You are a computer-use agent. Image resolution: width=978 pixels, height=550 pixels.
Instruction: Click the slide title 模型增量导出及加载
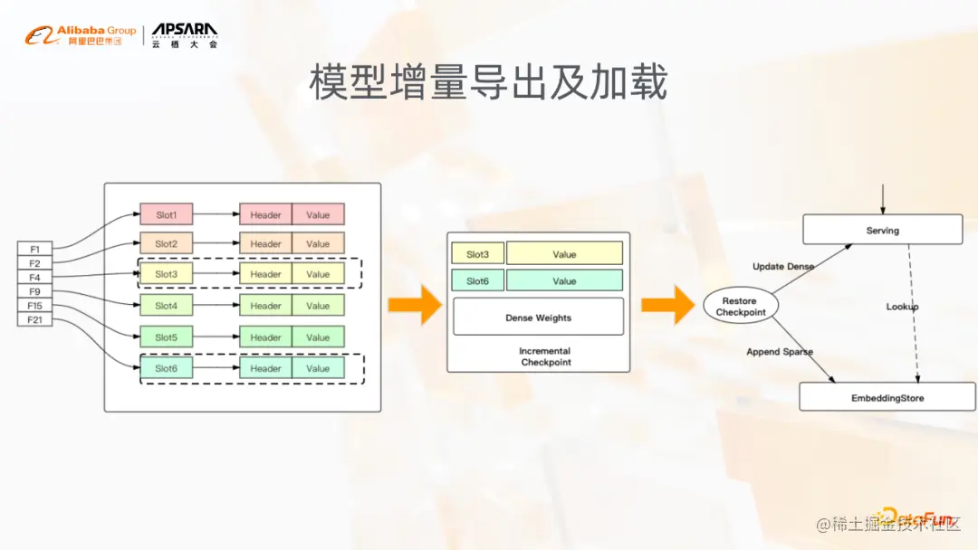click(488, 83)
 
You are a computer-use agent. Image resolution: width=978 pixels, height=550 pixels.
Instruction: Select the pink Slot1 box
click(166, 215)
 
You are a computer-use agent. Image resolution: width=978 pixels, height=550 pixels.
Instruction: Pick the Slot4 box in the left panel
click(166, 306)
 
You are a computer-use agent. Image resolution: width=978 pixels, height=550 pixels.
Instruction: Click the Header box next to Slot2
click(265, 244)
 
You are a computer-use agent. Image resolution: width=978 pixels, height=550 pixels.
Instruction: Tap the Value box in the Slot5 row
click(318, 337)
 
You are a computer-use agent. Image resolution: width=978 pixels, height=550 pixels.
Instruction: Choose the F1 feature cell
click(34, 249)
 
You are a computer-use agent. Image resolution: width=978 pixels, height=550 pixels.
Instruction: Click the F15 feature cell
click(34, 306)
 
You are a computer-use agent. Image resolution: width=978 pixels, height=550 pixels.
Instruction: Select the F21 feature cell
click(34, 320)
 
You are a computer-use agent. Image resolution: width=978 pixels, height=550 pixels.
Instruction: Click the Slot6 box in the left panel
click(166, 368)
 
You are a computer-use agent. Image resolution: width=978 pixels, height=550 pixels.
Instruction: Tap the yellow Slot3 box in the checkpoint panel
click(477, 254)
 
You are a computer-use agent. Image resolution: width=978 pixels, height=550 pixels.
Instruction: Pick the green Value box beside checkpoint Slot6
click(564, 281)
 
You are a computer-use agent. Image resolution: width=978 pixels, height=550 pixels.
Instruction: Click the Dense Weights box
click(538, 318)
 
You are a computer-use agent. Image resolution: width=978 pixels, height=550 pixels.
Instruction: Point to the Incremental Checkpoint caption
click(545, 356)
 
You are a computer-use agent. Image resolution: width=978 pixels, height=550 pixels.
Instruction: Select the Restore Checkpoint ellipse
click(741, 307)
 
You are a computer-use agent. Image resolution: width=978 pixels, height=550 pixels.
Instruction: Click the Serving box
click(882, 230)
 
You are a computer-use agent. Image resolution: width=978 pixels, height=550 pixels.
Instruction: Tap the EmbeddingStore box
click(887, 397)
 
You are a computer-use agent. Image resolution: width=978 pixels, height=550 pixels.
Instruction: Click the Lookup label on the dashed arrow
click(902, 307)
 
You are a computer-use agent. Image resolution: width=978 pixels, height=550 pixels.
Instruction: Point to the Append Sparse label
click(780, 352)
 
